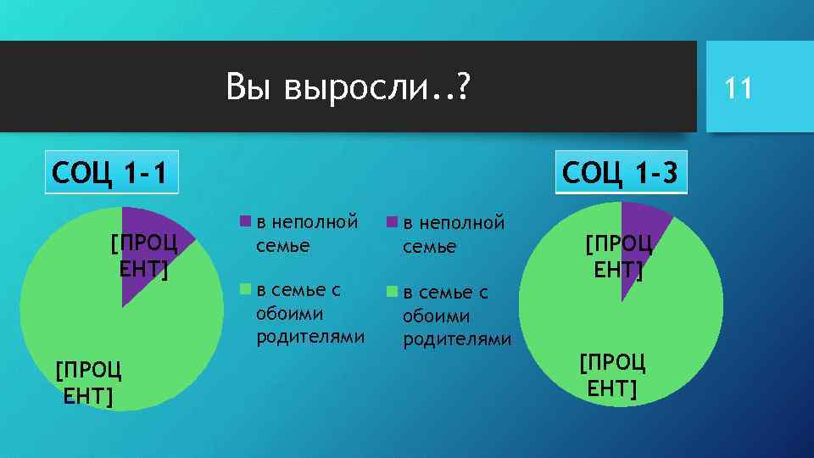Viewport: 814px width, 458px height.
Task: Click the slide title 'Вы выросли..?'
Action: tap(348, 87)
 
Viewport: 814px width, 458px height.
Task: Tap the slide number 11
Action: tap(739, 87)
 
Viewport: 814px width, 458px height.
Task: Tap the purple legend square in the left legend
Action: tap(245, 222)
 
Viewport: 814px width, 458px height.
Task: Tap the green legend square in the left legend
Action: tap(245, 290)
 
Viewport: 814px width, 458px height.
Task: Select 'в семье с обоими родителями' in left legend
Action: tap(309, 313)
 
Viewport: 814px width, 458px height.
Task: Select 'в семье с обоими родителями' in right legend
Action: tap(456, 316)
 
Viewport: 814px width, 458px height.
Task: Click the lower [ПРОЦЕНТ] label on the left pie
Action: tap(88, 383)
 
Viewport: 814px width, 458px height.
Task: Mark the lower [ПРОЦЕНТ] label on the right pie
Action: tap(612, 376)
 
